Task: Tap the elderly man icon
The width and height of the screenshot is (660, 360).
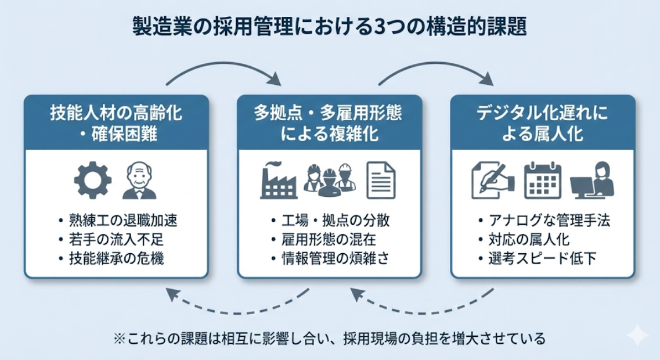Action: pyautogui.click(x=140, y=181)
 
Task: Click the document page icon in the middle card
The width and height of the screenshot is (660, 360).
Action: pyautogui.click(x=381, y=181)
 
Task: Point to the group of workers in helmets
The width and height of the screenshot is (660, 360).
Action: pyautogui.click(x=329, y=180)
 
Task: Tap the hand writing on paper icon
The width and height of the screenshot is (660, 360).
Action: pyautogui.click(x=493, y=180)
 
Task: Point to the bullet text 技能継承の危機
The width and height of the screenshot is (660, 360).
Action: pyautogui.click(x=115, y=258)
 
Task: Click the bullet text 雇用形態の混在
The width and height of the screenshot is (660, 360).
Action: pyautogui.click(x=329, y=239)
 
